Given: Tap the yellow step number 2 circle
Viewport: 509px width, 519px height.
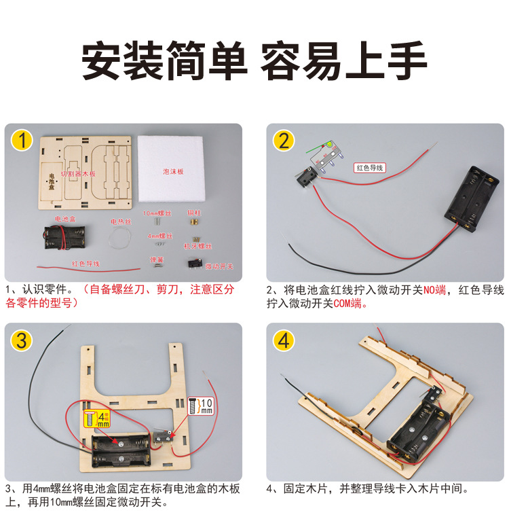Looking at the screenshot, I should click(x=284, y=141).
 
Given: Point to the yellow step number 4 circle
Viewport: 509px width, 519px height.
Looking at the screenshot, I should click(x=284, y=340).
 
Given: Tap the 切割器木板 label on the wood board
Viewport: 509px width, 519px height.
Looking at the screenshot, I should click(x=79, y=174).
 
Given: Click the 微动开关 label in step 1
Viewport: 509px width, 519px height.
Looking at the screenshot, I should click(x=219, y=266).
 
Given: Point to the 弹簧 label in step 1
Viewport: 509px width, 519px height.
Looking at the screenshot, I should click(x=157, y=259).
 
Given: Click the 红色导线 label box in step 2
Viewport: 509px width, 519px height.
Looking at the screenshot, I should click(x=370, y=167).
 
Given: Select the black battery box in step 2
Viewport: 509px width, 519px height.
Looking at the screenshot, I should click(x=471, y=196).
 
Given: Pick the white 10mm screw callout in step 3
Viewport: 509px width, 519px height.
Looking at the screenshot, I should click(x=201, y=406).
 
